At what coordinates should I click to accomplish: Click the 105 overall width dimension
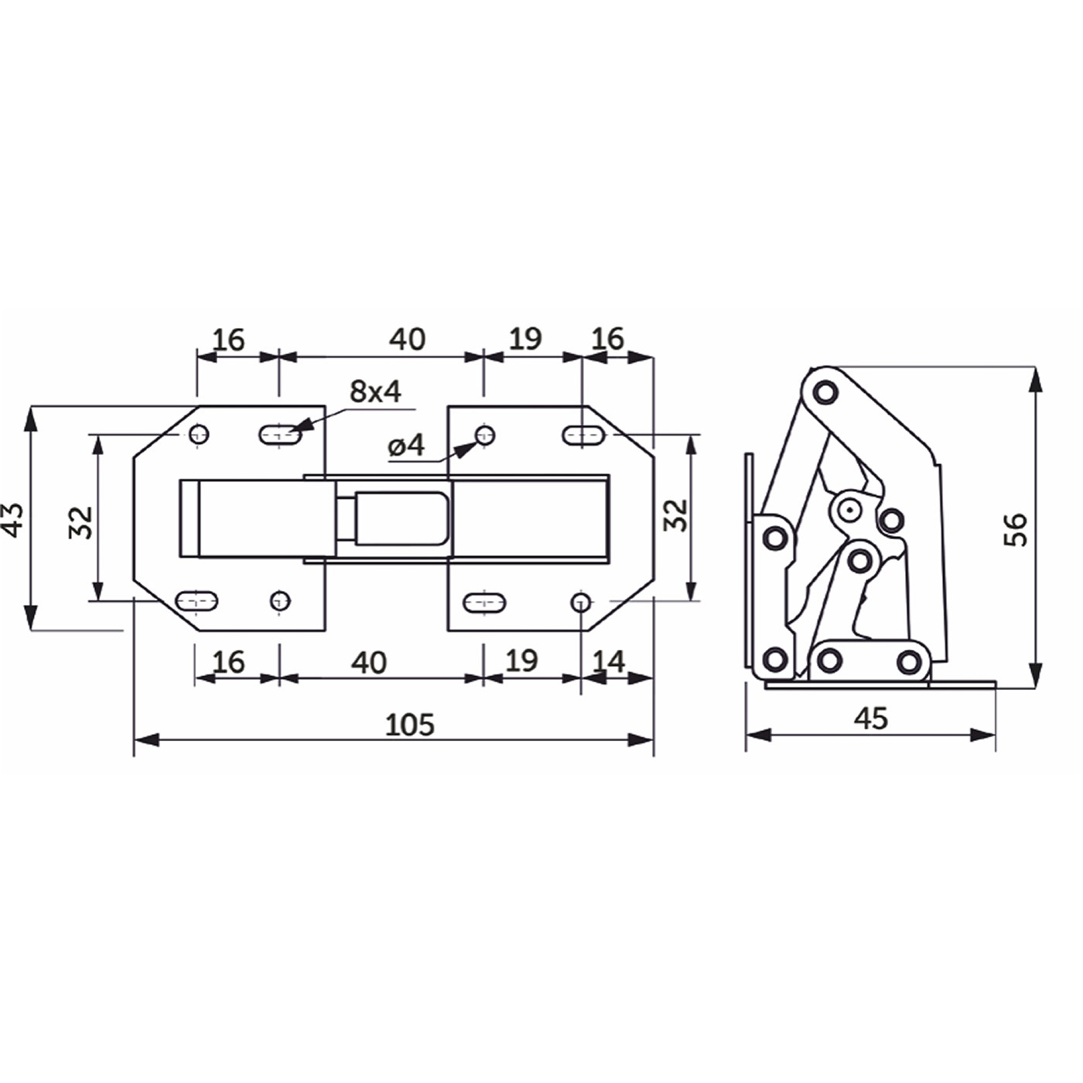[x=410, y=724]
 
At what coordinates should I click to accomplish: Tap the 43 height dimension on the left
[x=14, y=519]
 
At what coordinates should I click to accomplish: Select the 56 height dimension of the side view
[x=1015, y=529]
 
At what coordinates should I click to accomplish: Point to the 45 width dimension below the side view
[x=871, y=718]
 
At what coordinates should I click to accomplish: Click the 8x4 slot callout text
[x=375, y=391]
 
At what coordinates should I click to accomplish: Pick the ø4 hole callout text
[x=406, y=446]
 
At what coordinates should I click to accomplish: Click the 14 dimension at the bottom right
[x=608, y=661]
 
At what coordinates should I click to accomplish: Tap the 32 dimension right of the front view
[x=675, y=514]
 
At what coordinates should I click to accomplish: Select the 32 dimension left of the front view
[x=80, y=522]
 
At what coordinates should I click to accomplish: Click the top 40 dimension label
[x=408, y=339]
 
